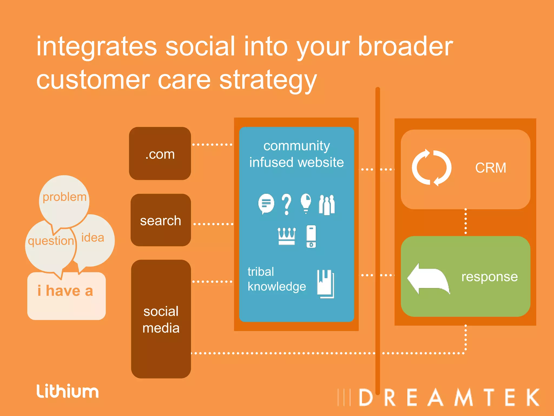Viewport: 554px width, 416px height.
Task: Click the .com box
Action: [160, 154]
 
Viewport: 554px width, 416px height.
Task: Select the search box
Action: [161, 220]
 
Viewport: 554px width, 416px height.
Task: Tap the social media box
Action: [161, 319]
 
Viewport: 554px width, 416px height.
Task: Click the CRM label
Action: [490, 168]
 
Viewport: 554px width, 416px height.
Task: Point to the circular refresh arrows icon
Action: [431, 168]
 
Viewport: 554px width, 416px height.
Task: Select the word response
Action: [489, 277]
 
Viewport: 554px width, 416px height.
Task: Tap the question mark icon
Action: [286, 204]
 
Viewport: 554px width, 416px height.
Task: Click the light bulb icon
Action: [306, 203]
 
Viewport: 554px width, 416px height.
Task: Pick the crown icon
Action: [287, 236]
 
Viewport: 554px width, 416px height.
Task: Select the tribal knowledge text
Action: [276, 279]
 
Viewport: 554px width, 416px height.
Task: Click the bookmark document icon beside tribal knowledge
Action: [325, 284]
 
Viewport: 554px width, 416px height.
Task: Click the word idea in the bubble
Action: [93, 238]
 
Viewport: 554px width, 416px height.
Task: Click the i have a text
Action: [65, 291]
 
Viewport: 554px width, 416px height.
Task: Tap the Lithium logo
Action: [68, 391]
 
